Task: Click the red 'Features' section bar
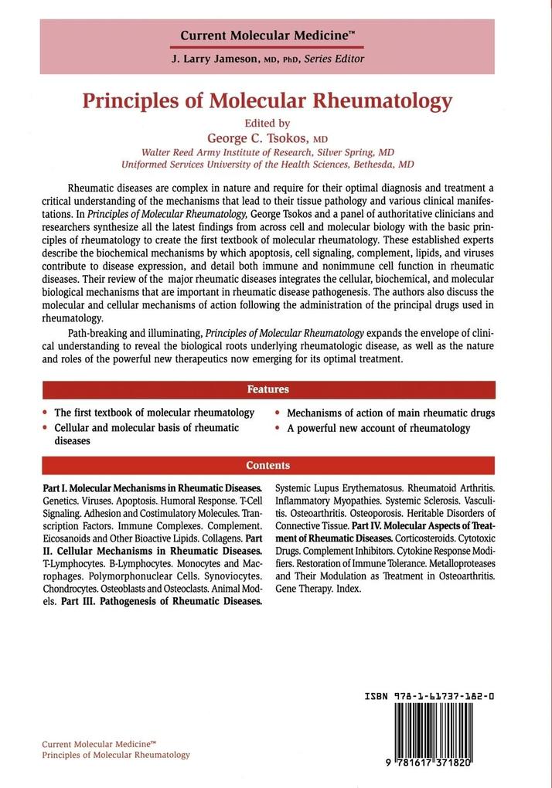click(x=268, y=389)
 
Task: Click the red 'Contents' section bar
click(x=268, y=465)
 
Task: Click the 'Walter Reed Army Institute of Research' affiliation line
click(x=267, y=152)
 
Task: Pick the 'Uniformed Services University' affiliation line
click(x=267, y=165)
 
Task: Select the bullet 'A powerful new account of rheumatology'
click(x=378, y=427)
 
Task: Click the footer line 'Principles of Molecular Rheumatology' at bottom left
click(x=116, y=754)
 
